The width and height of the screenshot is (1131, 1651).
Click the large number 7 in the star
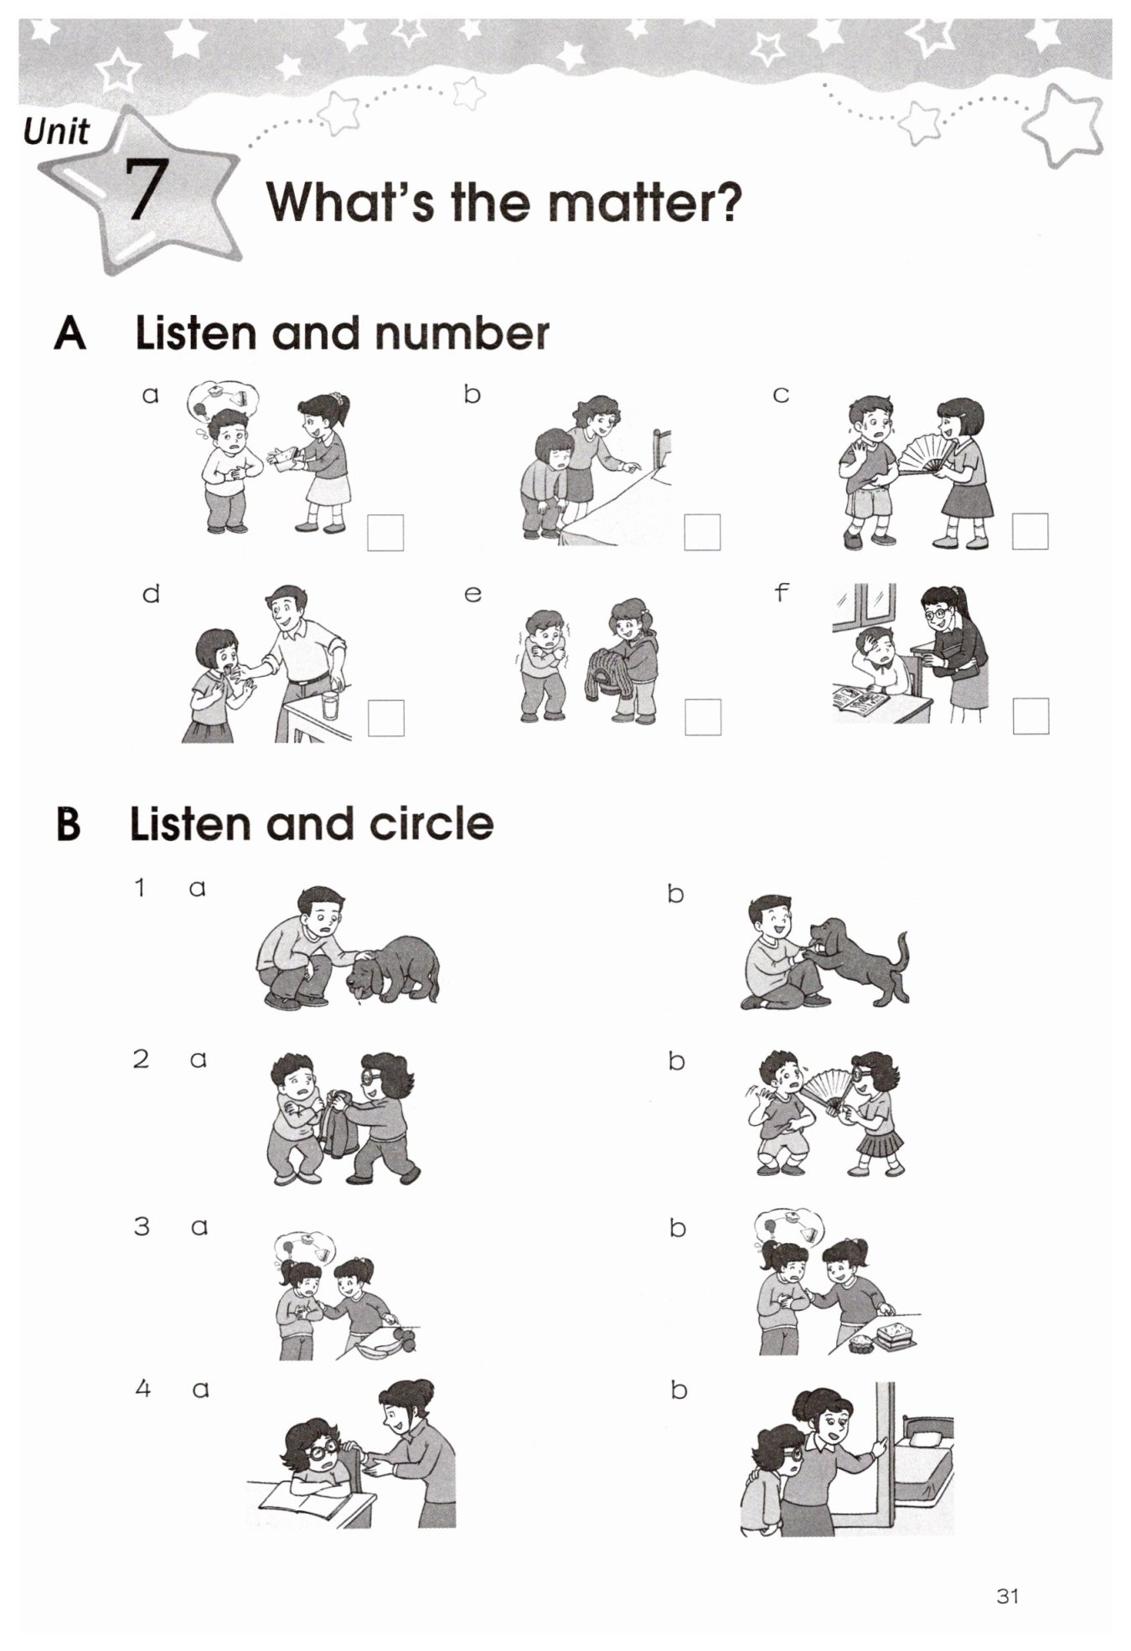(x=143, y=189)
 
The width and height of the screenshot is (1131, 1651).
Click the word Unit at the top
(x=56, y=132)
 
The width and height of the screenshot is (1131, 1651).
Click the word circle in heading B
(x=431, y=823)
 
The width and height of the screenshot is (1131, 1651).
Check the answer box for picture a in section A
(x=385, y=533)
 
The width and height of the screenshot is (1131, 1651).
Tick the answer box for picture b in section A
(x=702, y=532)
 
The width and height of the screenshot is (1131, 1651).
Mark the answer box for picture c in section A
(x=1030, y=531)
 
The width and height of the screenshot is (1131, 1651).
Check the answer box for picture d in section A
(x=385, y=718)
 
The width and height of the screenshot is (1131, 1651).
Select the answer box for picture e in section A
(x=703, y=717)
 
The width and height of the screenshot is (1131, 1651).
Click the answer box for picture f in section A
(x=1030, y=716)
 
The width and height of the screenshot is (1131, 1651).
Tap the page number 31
(x=1008, y=1596)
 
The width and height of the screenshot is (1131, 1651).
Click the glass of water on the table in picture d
(x=330, y=706)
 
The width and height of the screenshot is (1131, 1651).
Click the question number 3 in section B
(x=142, y=1226)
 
